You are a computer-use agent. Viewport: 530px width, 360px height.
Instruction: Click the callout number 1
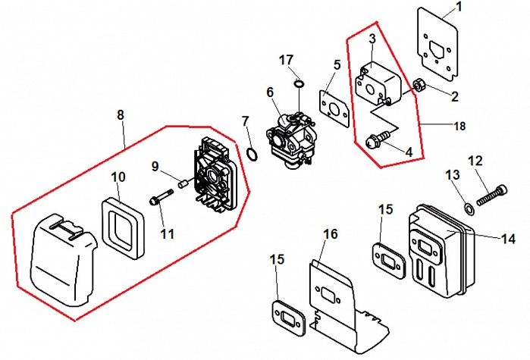459,7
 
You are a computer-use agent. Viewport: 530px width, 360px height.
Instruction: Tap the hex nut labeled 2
419,85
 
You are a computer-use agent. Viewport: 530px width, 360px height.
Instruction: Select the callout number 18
459,126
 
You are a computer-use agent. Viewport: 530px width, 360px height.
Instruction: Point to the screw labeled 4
378,139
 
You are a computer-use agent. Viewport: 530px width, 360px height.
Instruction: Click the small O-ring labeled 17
299,83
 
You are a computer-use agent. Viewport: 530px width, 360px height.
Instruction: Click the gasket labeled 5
334,108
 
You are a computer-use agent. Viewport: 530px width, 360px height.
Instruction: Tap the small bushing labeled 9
183,185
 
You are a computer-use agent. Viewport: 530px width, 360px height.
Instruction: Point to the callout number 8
121,115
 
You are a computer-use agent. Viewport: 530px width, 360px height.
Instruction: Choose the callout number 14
508,239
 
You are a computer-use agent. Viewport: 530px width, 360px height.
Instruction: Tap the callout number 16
331,233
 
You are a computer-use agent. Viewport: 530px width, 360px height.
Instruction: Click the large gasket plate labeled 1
437,45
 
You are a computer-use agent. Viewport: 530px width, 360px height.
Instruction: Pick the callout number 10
118,177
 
